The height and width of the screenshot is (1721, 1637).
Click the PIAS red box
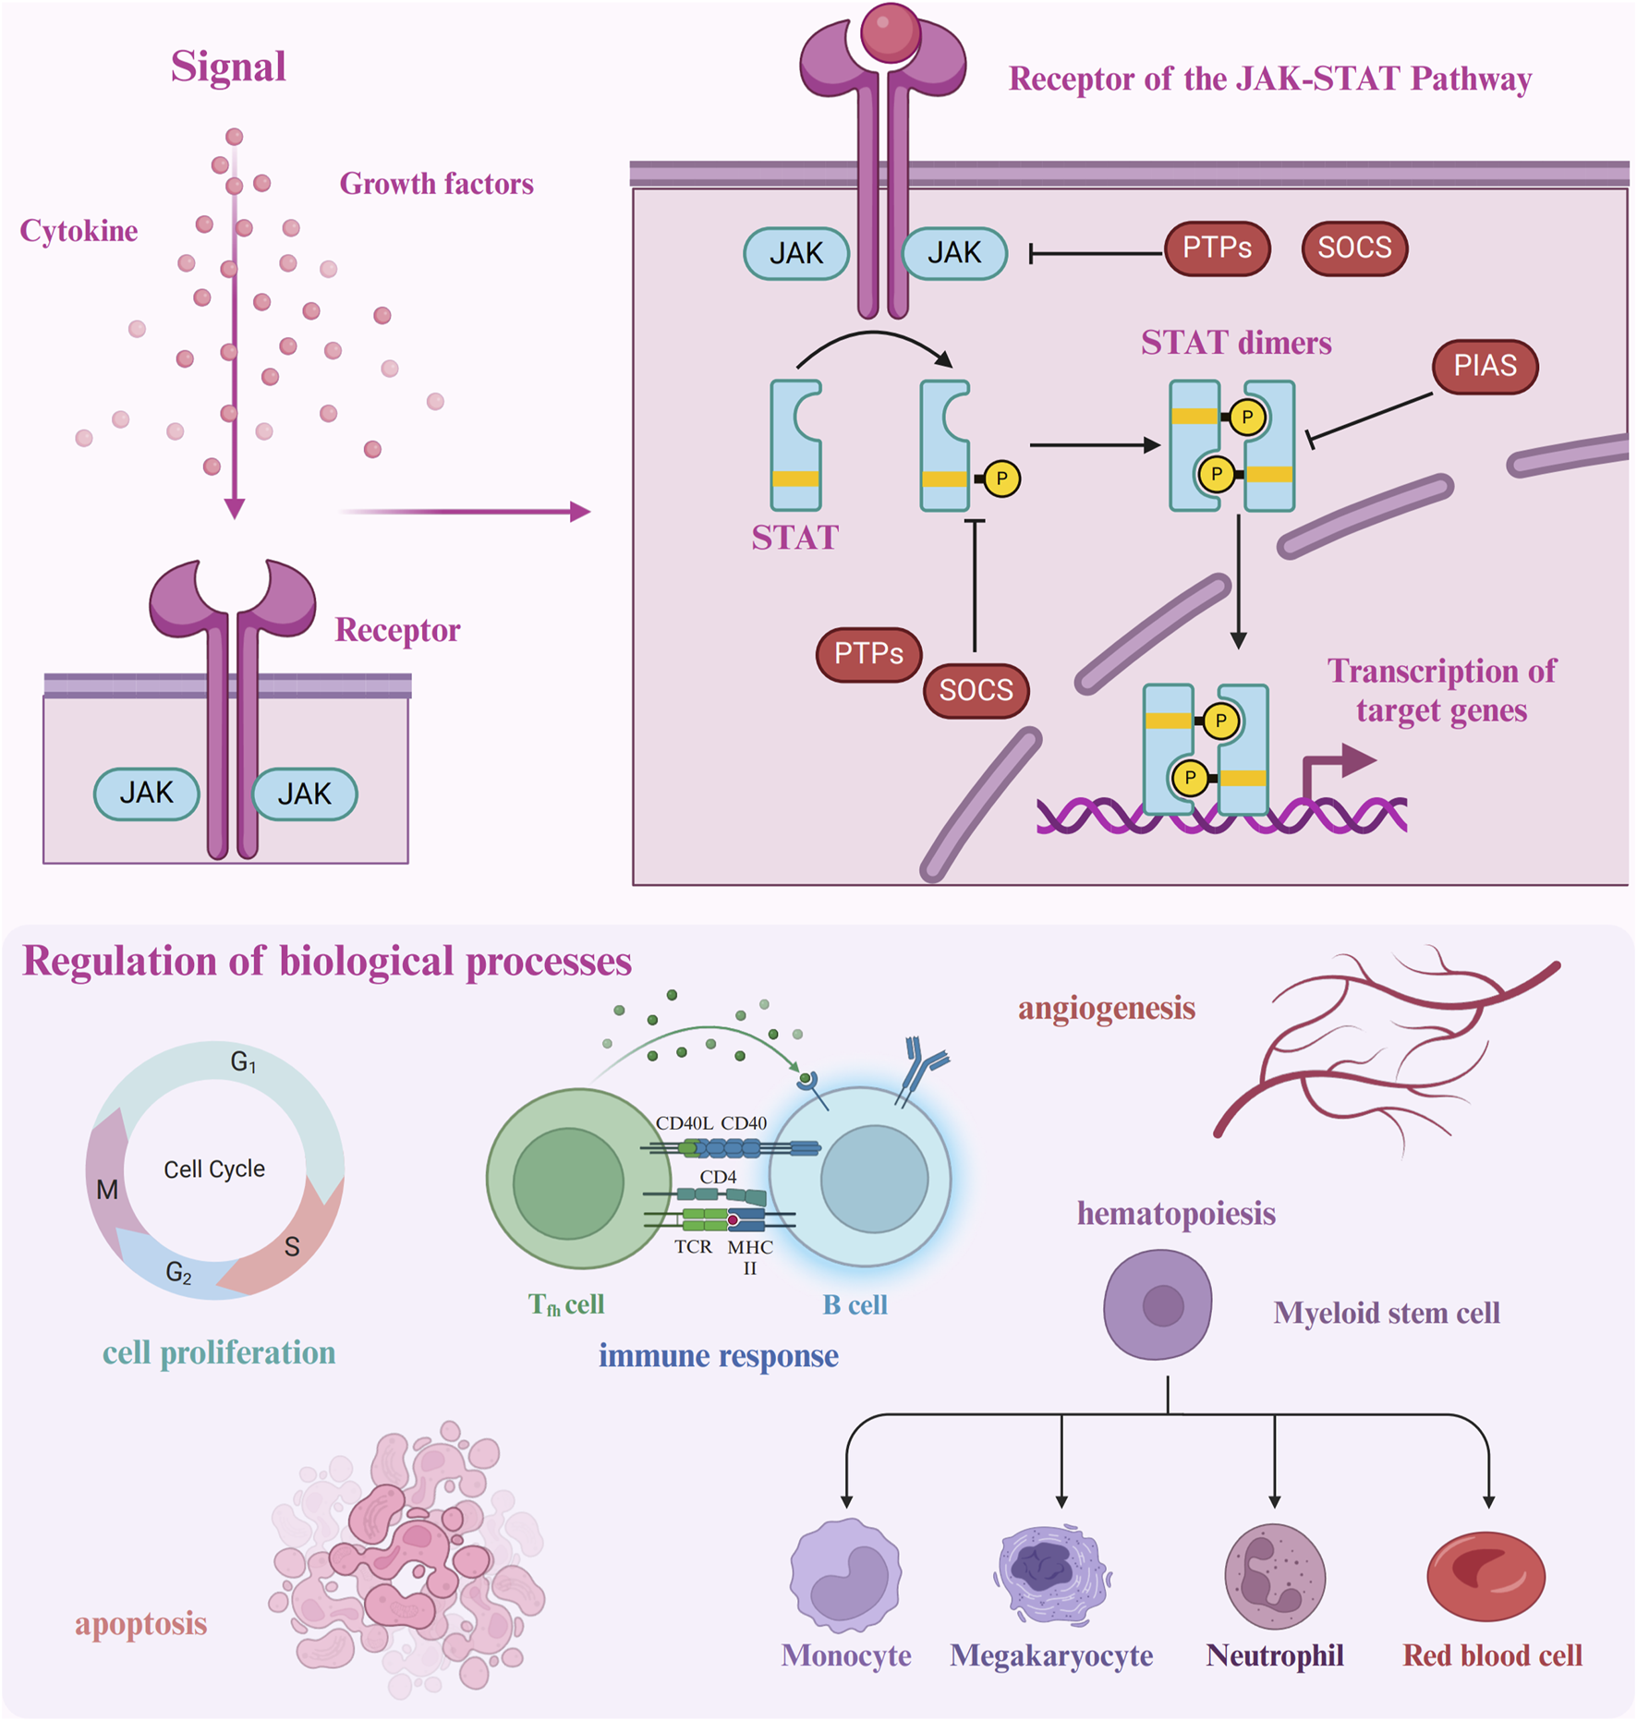1485,366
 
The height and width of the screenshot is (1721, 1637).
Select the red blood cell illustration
1485,1576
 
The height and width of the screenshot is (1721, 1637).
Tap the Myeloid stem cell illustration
1158,1304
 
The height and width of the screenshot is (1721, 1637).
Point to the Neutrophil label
1275,1655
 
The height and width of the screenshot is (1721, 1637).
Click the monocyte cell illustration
845,1575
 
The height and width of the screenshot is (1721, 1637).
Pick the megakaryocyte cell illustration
1052,1573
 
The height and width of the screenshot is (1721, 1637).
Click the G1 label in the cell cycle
243,1062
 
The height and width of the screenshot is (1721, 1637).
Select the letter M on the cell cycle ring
107,1190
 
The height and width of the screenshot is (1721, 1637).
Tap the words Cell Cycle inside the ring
214,1169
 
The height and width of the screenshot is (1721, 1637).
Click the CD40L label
684,1123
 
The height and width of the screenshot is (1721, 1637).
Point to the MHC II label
749,1256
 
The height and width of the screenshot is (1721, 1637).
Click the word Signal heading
228,67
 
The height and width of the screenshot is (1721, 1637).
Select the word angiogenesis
1107,1008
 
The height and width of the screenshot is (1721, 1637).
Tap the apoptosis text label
140,1623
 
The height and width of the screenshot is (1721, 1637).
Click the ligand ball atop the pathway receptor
890,32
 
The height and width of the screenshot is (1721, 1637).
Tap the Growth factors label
436,184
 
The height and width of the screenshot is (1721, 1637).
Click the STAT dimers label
1236,343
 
